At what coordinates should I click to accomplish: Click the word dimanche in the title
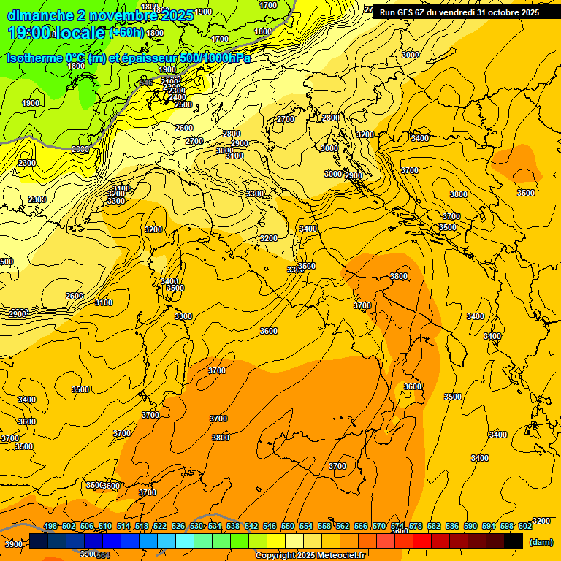coord(40,15)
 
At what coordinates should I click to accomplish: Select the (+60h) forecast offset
coord(126,33)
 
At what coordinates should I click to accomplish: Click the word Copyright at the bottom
coord(275,556)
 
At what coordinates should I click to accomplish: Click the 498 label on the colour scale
coord(50,526)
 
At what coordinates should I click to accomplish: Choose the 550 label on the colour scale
coord(288,526)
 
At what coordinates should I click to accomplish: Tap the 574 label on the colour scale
coord(397,526)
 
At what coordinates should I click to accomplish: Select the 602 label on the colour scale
coord(525,526)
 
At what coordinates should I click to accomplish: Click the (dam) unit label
coord(541,541)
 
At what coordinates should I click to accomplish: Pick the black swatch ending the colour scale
coord(514,541)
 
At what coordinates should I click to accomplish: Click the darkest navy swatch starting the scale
coord(39,541)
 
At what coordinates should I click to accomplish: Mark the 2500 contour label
coord(183,104)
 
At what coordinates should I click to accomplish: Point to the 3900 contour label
coord(13,544)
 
